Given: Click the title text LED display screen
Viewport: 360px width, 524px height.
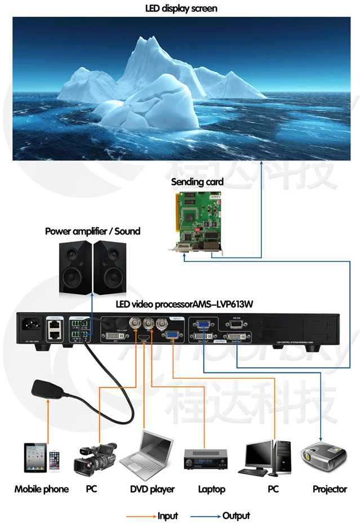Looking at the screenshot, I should tap(180, 8).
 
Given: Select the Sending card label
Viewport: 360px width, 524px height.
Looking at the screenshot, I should tap(197, 182).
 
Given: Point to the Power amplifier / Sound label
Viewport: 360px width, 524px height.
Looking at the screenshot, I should tap(92, 231).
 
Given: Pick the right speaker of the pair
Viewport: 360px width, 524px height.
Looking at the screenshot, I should tap(108, 267).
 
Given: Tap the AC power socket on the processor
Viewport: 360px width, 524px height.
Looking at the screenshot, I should tap(30, 325).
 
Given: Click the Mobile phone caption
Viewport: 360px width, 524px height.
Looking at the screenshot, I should tap(41, 489).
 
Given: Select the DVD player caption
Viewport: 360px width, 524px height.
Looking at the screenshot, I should tap(152, 489).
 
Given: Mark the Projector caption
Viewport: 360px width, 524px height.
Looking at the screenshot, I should tap(330, 489).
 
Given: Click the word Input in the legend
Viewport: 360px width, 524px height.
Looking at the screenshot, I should tap(167, 516).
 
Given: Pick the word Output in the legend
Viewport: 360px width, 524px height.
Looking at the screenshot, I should tap(236, 516).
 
